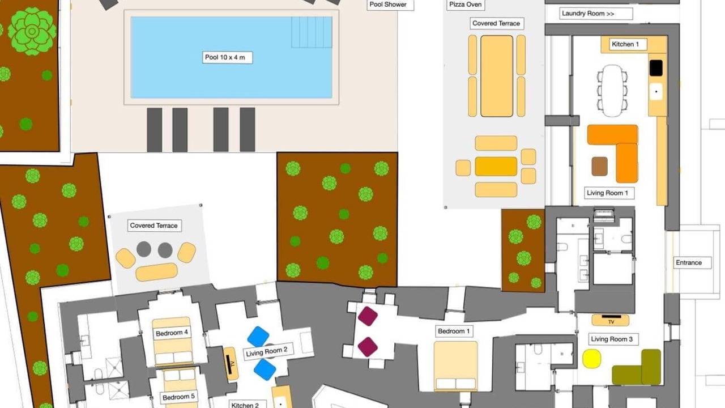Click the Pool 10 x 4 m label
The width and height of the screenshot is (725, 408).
click(x=227, y=57)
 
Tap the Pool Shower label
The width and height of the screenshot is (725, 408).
click(x=390, y=5)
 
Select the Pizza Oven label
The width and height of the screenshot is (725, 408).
click(x=466, y=5)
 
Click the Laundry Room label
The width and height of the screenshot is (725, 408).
click(x=595, y=14)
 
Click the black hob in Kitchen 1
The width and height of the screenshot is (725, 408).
click(x=656, y=68)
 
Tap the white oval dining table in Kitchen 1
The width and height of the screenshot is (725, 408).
click(x=612, y=91)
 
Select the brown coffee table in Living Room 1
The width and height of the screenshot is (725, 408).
click(x=599, y=167)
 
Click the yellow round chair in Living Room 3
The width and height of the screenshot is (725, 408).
click(x=592, y=359)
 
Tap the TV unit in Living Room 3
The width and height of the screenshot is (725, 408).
click(x=611, y=320)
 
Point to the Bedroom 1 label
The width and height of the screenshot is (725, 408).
click(x=454, y=331)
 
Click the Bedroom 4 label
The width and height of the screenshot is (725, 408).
click(x=172, y=333)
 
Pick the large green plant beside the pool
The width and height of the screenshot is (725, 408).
click(x=32, y=31)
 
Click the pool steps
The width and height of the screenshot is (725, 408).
click(x=312, y=32)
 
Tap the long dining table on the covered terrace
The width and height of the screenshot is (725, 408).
click(x=497, y=76)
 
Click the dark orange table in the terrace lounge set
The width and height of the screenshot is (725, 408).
click(x=496, y=167)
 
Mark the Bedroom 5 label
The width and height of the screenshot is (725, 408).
click(x=178, y=397)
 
